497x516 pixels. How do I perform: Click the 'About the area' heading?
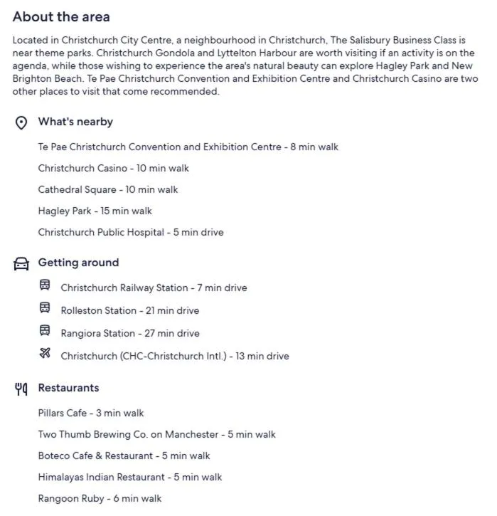[61, 16]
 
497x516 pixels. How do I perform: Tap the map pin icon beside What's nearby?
[21, 122]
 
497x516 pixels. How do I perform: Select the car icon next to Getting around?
[21, 263]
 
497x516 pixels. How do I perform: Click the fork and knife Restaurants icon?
[21, 389]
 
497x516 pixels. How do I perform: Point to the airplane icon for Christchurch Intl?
[45, 354]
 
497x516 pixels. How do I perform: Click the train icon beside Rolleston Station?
[45, 309]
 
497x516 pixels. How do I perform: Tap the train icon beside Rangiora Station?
[45, 332]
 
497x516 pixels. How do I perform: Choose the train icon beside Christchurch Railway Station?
[45, 286]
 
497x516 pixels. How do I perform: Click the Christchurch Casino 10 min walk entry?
[113, 169]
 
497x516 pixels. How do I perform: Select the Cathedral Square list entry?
[107, 190]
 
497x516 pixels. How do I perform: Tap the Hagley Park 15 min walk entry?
[95, 211]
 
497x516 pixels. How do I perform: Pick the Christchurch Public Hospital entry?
[130, 233]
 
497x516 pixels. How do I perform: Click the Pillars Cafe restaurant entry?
[90, 414]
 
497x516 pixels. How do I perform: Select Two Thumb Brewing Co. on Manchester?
[156, 435]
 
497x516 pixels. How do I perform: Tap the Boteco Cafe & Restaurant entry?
[124, 456]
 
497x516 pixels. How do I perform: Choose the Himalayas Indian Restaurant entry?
[129, 478]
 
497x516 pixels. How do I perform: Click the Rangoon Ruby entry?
[100, 499]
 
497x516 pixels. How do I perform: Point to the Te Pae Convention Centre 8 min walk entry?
[188, 147]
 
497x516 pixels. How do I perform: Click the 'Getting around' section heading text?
[78, 263]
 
